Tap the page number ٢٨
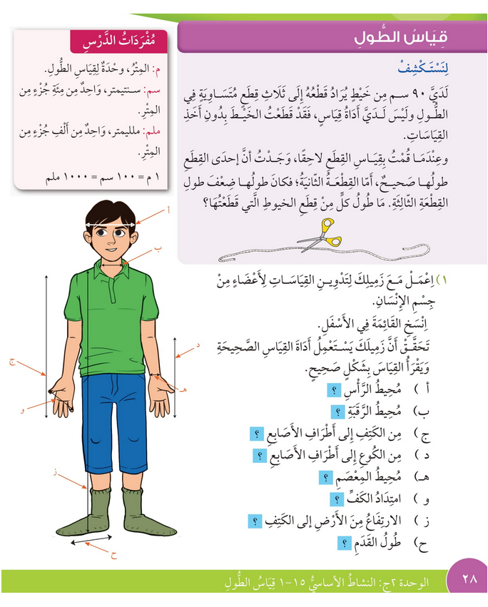[469, 579]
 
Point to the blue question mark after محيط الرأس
[332, 390]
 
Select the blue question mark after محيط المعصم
[325, 478]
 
